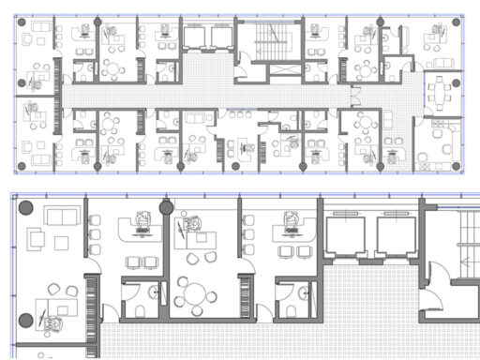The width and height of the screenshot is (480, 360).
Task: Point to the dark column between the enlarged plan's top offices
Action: (166, 207)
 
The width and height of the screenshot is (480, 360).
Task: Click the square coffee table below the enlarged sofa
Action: (62, 243)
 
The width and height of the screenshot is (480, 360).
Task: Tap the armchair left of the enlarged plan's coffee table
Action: (37, 240)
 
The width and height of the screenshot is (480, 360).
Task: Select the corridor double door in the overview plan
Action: (355, 95)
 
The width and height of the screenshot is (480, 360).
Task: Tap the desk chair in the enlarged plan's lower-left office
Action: (52, 323)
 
